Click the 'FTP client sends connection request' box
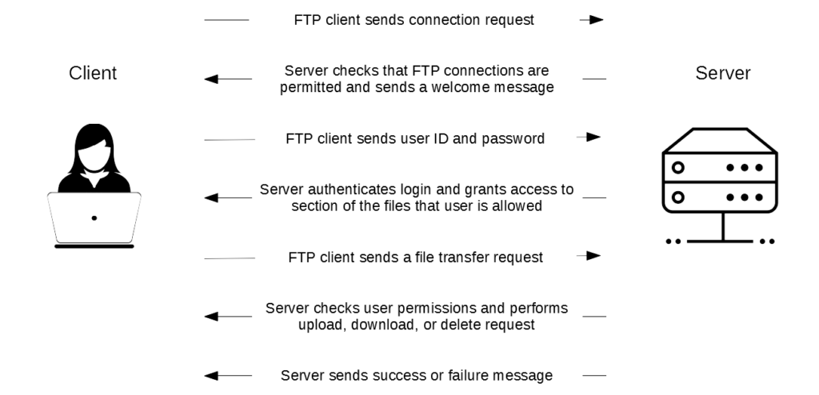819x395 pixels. [x=414, y=20]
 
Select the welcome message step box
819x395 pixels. [x=416, y=78]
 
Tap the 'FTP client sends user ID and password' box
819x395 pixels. [x=415, y=138]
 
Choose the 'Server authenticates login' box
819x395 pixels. [x=416, y=197]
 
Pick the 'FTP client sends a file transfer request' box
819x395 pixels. [x=415, y=257]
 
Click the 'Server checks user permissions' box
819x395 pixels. [x=416, y=317]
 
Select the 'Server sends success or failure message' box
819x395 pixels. [x=416, y=375]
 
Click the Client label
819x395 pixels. [x=94, y=74]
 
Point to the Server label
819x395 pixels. [x=723, y=74]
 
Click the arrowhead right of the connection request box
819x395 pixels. [x=597, y=20]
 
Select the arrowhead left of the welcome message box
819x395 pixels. [x=211, y=79]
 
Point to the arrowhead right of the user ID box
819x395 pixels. [x=593, y=138]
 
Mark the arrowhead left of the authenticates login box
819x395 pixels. [x=211, y=197]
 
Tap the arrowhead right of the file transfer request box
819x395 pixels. [x=593, y=256]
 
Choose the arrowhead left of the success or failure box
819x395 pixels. [x=211, y=375]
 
